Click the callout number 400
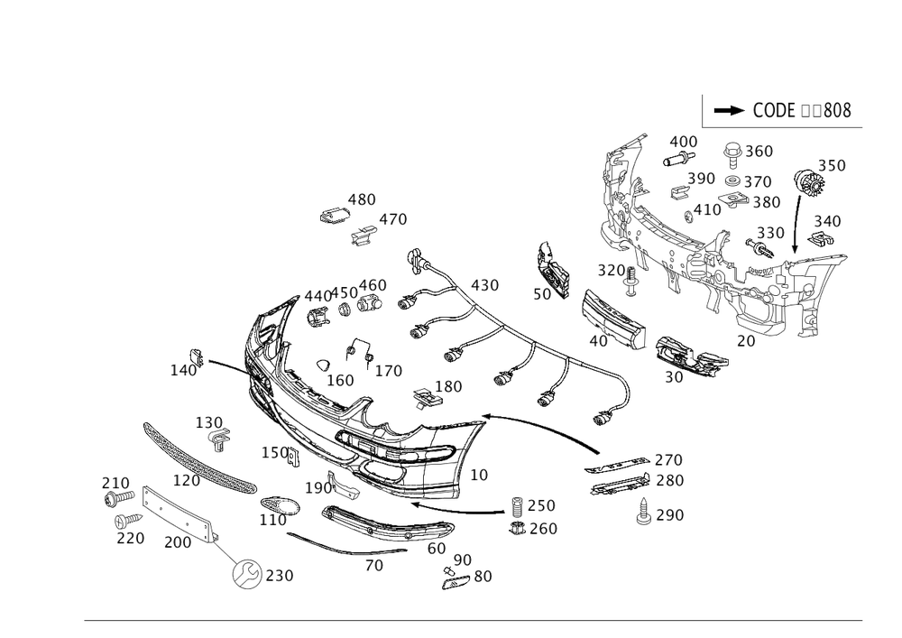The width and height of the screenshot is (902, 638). [683, 143]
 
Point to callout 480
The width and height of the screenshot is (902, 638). [363, 199]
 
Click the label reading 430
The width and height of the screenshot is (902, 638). [483, 285]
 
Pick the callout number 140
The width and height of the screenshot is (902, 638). [184, 370]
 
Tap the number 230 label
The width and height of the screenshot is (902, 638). [280, 575]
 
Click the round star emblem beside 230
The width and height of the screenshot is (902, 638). [244, 574]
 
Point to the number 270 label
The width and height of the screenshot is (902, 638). [668, 459]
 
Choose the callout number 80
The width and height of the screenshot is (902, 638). [483, 576]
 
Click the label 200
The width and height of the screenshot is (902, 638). [177, 542]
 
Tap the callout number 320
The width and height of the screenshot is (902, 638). [611, 271]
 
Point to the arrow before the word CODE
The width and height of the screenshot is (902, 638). [729, 111]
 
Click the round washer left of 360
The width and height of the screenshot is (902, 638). [733, 150]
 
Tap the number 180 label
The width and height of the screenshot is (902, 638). [448, 387]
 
